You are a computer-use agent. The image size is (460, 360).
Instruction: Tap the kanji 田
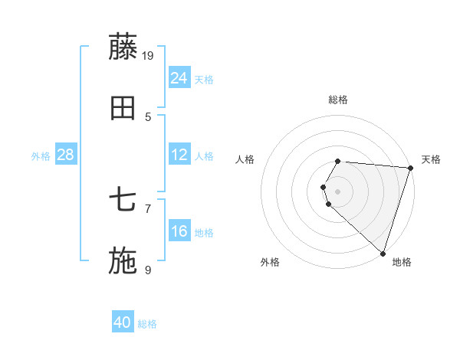click(x=123, y=109)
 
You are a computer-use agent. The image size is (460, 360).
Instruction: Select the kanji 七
click(x=123, y=201)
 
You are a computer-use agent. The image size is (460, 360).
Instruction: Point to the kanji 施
click(x=123, y=260)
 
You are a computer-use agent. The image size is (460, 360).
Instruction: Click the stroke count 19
click(x=149, y=55)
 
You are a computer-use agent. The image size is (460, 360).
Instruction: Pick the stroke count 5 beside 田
click(x=148, y=117)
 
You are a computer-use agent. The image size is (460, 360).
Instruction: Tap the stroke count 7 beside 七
click(x=148, y=208)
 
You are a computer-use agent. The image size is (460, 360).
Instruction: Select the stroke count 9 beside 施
click(x=148, y=270)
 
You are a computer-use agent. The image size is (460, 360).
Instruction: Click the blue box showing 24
click(x=179, y=78)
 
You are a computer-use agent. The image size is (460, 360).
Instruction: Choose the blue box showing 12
click(x=179, y=155)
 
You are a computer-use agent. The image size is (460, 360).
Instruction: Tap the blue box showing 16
click(x=179, y=231)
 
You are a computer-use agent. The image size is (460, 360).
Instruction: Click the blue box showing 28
click(x=66, y=155)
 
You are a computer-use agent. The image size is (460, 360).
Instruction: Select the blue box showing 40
click(x=123, y=322)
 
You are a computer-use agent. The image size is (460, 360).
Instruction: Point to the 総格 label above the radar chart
click(x=338, y=100)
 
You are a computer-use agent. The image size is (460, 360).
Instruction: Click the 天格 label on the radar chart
click(x=432, y=159)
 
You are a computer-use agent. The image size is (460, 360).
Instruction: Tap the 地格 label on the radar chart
click(x=402, y=262)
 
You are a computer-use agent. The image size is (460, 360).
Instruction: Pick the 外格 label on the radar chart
click(x=270, y=262)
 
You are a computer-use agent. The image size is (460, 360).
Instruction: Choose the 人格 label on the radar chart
click(x=245, y=159)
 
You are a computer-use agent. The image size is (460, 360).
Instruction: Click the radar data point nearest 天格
click(x=410, y=168)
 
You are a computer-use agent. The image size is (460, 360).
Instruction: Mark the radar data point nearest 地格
click(x=383, y=253)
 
